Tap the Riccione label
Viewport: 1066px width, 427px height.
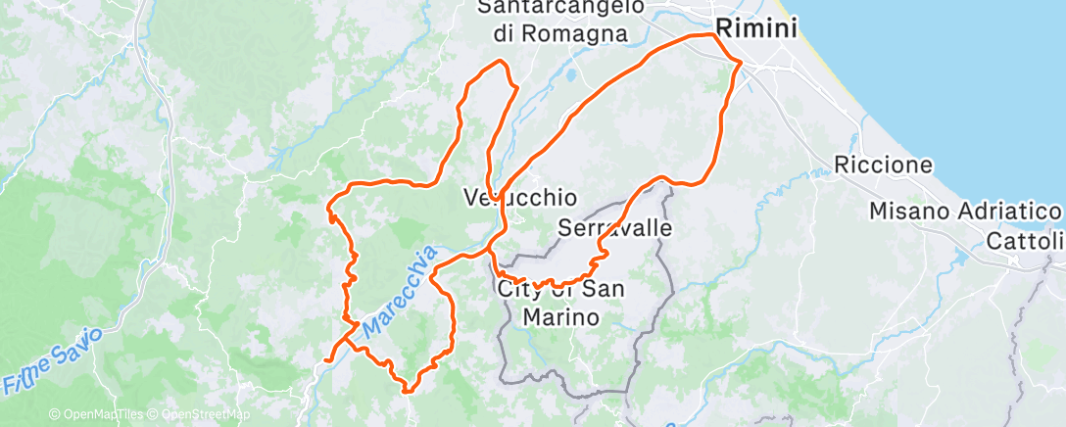(x=883, y=164)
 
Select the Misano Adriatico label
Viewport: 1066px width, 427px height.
(x=966, y=212)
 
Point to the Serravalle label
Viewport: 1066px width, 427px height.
(x=614, y=228)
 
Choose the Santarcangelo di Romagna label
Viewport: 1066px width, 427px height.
(x=560, y=20)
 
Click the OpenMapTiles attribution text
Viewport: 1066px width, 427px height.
(x=97, y=415)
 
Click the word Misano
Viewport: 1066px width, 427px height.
(x=906, y=212)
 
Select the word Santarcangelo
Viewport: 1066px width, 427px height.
(x=560, y=7)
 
